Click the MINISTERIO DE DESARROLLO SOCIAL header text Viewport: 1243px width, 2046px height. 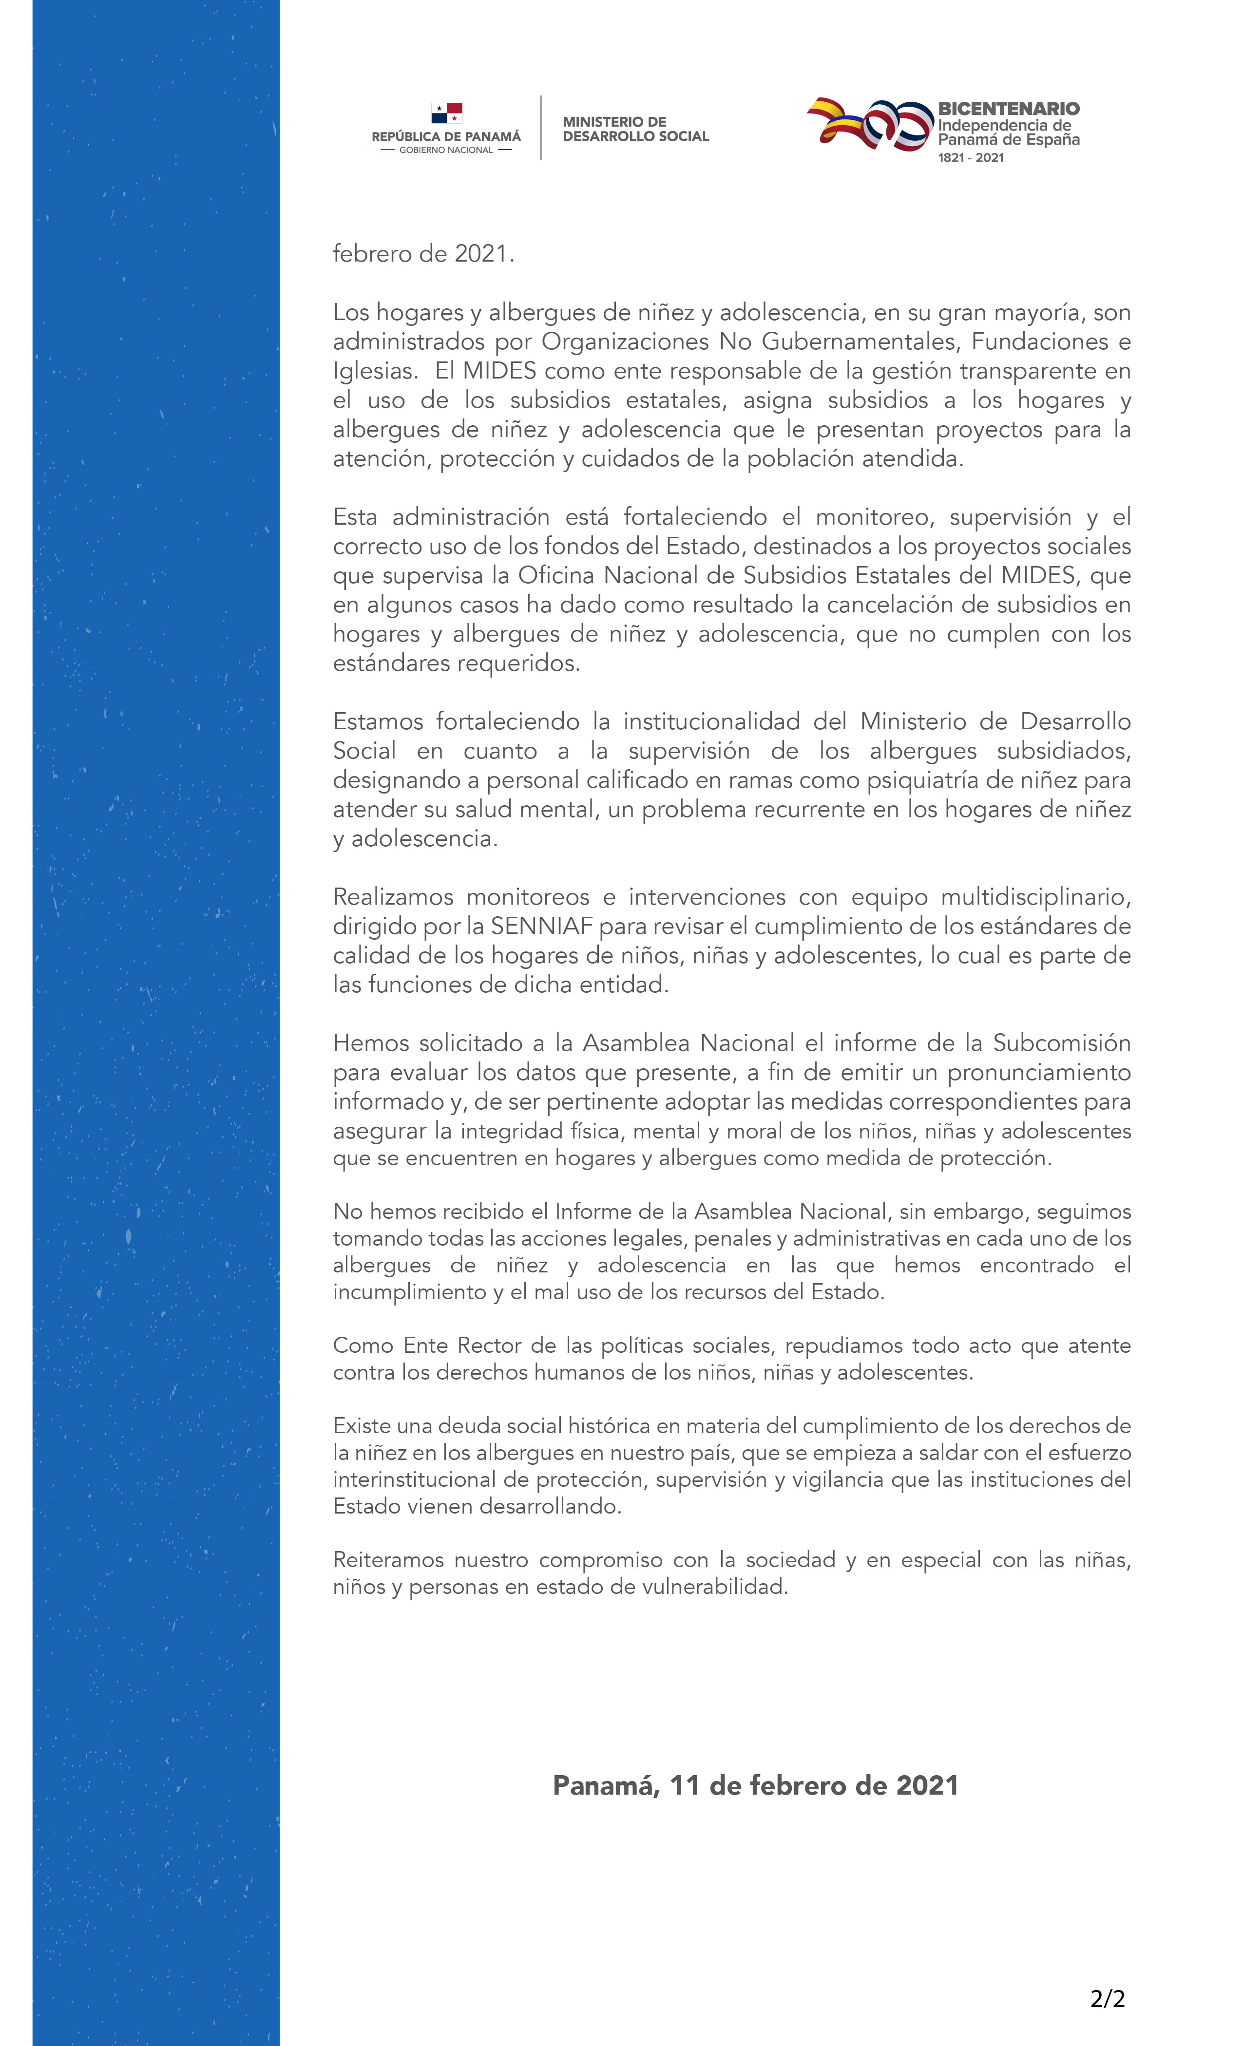click(x=635, y=129)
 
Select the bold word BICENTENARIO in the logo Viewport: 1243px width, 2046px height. click(x=1008, y=109)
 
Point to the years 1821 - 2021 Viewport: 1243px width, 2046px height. click(x=971, y=158)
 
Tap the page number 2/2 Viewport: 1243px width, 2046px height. click(x=1107, y=1999)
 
